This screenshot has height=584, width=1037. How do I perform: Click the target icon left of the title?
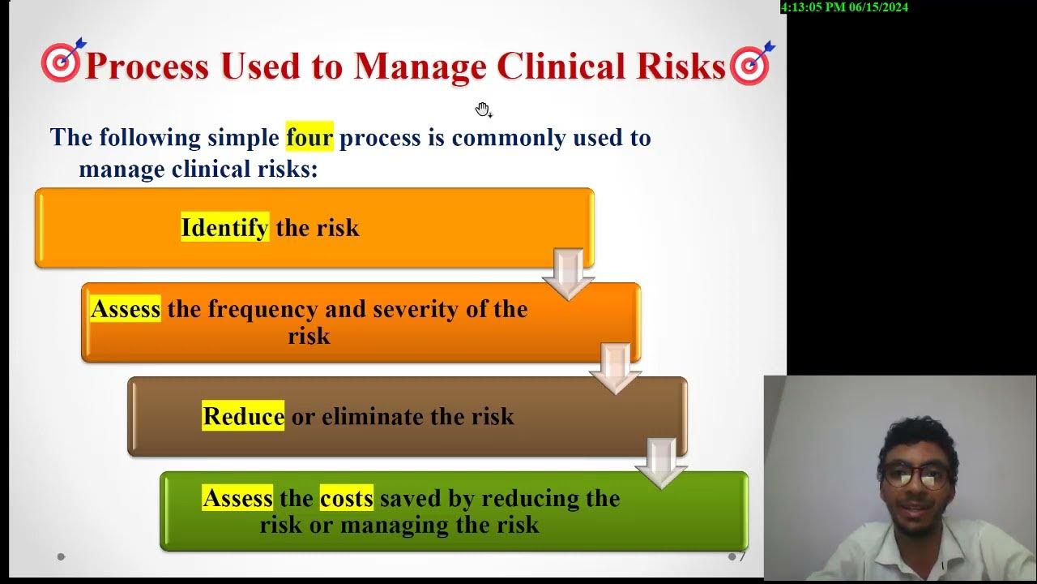62,61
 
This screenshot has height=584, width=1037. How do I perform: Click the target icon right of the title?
752,63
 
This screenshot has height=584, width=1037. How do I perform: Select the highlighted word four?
309,137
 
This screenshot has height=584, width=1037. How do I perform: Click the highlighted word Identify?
224,227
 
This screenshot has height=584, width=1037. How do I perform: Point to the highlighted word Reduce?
243,416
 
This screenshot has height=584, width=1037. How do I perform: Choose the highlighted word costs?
346,498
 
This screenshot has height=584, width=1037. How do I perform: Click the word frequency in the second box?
263,310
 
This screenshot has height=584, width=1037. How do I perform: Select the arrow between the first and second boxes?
568,274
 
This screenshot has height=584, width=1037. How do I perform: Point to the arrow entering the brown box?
615,369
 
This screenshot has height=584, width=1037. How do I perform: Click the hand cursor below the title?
484,110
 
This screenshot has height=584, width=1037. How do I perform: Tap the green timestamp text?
844,7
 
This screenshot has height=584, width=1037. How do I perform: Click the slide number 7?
742,556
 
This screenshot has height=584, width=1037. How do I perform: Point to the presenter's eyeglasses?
916,476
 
